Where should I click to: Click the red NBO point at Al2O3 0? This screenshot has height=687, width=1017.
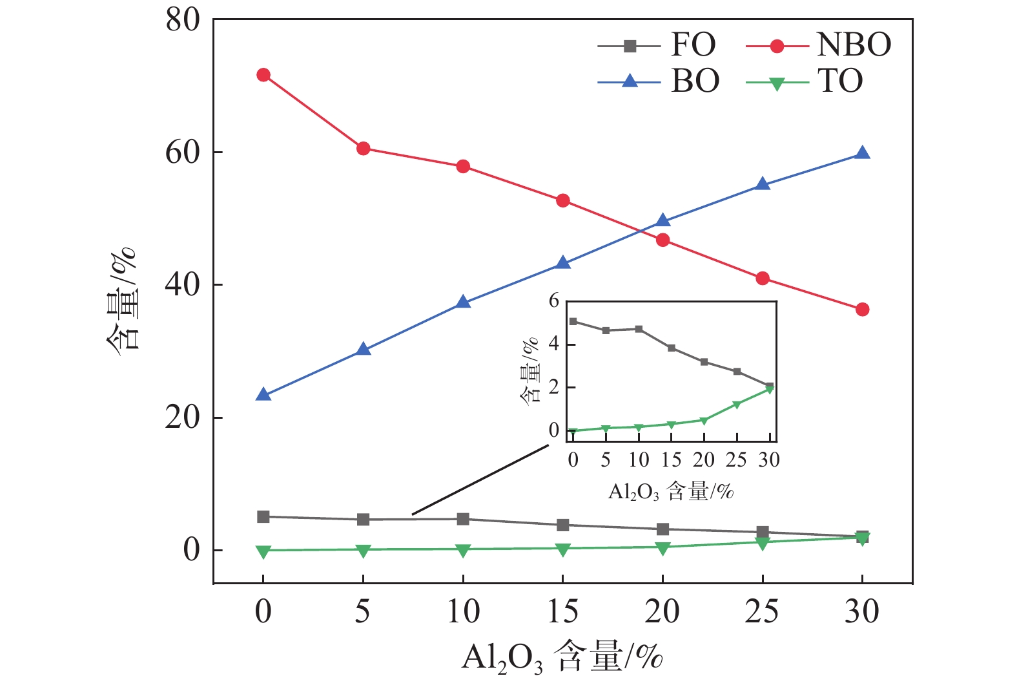263,75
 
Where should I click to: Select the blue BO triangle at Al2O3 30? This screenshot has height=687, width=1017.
862,153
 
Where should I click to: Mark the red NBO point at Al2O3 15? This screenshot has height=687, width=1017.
562,200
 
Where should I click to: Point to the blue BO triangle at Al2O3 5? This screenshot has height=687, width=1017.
363,350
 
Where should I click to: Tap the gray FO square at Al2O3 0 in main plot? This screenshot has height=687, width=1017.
263,516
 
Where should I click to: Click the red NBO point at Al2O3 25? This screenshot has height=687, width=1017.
763,278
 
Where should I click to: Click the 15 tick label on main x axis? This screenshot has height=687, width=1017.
562,611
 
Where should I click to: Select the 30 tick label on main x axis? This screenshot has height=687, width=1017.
862,611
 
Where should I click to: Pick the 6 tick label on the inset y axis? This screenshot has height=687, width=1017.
554,301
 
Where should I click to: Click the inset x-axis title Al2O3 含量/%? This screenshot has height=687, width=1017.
671,492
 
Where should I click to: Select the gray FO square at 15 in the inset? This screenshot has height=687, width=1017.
672,348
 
